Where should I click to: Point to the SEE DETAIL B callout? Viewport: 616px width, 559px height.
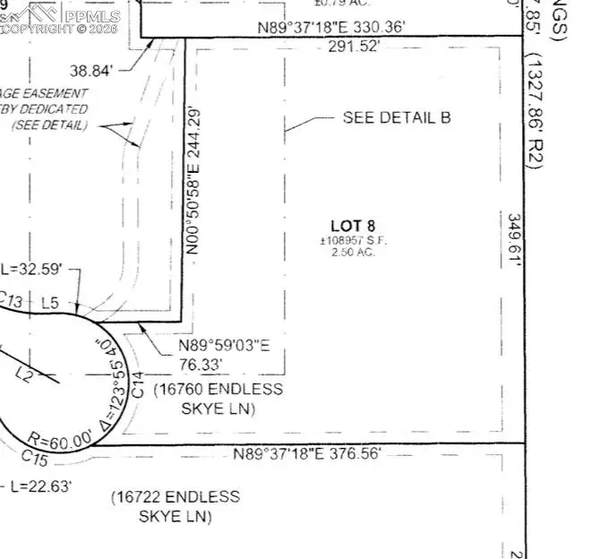coord(397,117)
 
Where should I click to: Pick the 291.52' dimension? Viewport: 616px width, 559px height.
coord(349,47)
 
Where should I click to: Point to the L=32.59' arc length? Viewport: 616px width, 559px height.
coord(33,268)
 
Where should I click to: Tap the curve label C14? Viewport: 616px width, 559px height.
coord(138,386)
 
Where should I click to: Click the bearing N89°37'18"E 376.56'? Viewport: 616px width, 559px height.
coord(309,453)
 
